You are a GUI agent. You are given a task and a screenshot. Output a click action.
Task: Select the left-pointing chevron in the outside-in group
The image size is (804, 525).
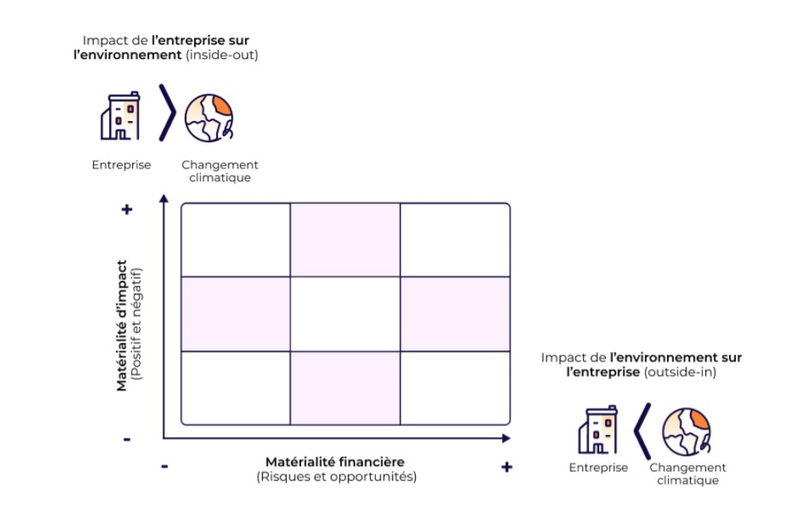pyautogui.click(x=642, y=429)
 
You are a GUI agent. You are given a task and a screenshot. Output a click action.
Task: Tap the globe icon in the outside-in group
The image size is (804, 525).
pyautogui.click(x=686, y=432)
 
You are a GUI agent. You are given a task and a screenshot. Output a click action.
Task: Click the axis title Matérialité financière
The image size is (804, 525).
pyautogui.click(x=335, y=461)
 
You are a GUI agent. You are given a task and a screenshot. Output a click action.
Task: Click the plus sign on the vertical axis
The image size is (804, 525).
pyautogui.click(x=127, y=209)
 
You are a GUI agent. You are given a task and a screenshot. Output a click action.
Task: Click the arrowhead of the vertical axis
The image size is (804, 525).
pyautogui.click(x=163, y=199)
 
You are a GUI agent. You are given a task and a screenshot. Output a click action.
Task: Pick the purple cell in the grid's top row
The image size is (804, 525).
pyautogui.click(x=345, y=240)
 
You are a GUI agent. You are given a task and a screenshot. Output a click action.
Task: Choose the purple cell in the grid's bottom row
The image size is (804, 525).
pyautogui.click(x=345, y=386)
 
